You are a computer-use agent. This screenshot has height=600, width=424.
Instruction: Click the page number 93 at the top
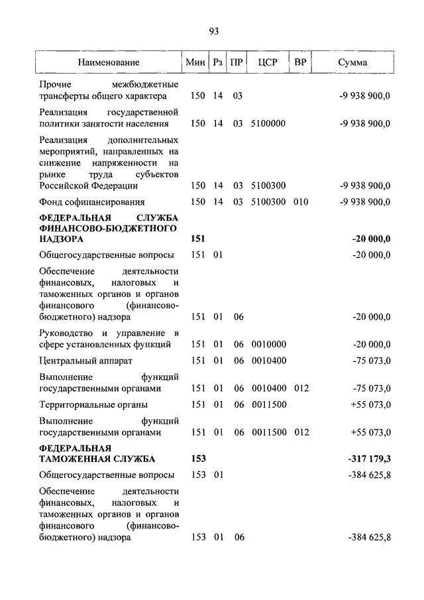click(213, 31)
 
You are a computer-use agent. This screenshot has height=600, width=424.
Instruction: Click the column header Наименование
click(109, 62)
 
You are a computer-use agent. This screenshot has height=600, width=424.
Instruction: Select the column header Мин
click(195, 62)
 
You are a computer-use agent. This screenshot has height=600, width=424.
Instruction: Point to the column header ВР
click(300, 62)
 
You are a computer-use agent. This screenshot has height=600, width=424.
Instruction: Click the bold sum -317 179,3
click(368, 459)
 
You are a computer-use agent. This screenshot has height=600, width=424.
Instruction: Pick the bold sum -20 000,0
click(371, 239)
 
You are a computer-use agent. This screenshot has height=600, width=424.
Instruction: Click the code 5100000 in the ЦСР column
click(268, 123)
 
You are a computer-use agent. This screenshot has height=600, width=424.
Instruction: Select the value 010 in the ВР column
click(301, 202)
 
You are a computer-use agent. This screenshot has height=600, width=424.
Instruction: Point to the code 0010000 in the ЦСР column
click(268, 345)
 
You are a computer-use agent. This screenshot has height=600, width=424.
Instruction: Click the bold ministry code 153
click(198, 459)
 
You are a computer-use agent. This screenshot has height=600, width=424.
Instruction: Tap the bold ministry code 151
click(198, 239)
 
